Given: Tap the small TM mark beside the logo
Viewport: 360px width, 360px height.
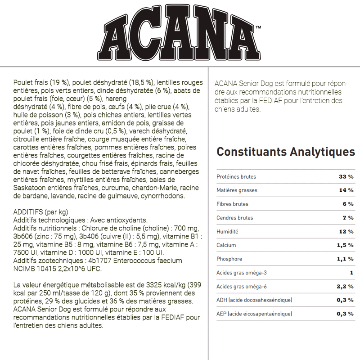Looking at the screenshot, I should click(x=258, y=29).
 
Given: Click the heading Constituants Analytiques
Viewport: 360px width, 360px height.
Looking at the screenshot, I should click(x=286, y=152).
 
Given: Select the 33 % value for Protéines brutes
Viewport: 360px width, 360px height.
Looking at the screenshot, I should click(x=346, y=177).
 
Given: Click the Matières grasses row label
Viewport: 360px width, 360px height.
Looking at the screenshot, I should click(x=237, y=190).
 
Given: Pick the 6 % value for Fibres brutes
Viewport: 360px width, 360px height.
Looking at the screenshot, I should click(x=348, y=204).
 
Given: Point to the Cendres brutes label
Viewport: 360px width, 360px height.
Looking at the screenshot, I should click(x=234, y=218).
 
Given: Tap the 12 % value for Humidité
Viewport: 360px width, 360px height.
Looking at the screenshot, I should click(x=346, y=232).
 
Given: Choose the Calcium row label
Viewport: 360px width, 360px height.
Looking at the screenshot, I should click(x=226, y=245).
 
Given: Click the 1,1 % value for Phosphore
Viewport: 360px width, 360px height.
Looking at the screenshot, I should click(x=345, y=259).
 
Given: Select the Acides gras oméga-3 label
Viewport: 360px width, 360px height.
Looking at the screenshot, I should click(x=242, y=273).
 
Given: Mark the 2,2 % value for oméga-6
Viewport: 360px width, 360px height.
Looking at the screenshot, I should click(x=345, y=287).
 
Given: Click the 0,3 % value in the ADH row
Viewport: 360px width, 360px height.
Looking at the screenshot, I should click(x=345, y=300).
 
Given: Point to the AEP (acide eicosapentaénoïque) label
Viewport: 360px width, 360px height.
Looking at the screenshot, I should click(x=254, y=314).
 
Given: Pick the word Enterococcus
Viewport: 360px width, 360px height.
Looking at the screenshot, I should click(x=135, y=261).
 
